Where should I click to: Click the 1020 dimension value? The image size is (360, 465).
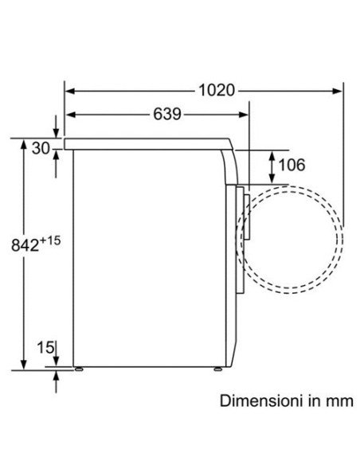pos(217,90)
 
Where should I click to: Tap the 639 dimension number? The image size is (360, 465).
pos(167,114)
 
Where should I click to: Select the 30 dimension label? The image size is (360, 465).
pos(41,148)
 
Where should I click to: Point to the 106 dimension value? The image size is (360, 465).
pos(292,165)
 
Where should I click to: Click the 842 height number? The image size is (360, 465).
pos(25,245)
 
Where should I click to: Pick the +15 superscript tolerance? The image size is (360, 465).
pos(50,240)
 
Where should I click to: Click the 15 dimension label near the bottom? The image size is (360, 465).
pos(45,347)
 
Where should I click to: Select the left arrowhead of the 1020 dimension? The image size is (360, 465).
pos(69,91)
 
